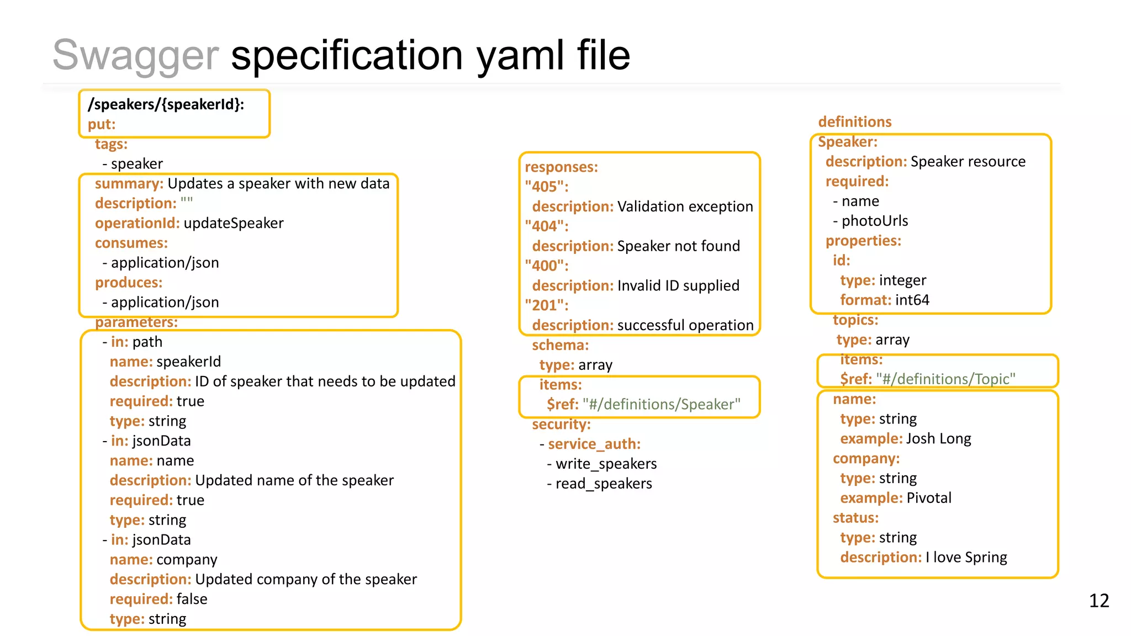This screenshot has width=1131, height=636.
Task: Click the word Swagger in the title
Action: click(x=135, y=55)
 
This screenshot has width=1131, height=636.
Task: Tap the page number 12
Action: click(x=1098, y=600)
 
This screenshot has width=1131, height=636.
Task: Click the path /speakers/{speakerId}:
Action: click(x=166, y=104)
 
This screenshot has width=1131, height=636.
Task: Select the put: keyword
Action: click(x=102, y=124)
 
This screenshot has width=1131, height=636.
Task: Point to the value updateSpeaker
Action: click(x=233, y=223)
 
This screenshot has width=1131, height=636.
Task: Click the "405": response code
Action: click(x=546, y=187)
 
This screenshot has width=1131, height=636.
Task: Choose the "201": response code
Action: click(x=546, y=305)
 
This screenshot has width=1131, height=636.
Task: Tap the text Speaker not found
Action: click(x=678, y=246)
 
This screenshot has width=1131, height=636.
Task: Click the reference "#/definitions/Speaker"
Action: click(x=662, y=404)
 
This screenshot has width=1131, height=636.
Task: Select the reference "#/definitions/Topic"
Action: click(x=945, y=379)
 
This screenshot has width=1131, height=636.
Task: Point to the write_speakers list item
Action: click(x=606, y=464)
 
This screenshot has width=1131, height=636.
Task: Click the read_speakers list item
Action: click(x=604, y=484)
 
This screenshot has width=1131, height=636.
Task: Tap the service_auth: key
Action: click(x=594, y=444)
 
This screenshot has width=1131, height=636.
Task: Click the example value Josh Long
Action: click(x=938, y=438)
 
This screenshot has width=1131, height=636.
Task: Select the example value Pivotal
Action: click(x=929, y=498)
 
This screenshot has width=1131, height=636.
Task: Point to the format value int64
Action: click(x=912, y=300)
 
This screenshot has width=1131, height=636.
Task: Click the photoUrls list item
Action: click(x=874, y=221)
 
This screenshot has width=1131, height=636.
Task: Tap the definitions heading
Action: click(x=854, y=121)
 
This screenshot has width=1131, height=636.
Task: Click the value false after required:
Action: click(x=192, y=599)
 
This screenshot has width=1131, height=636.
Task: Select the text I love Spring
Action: click(x=966, y=557)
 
